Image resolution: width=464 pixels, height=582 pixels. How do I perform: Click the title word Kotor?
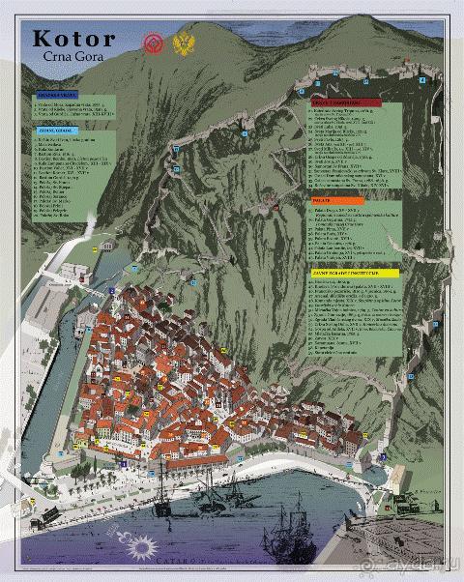73,39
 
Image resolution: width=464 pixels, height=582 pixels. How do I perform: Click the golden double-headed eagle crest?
183,44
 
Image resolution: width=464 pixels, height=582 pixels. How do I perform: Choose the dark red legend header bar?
344,102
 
